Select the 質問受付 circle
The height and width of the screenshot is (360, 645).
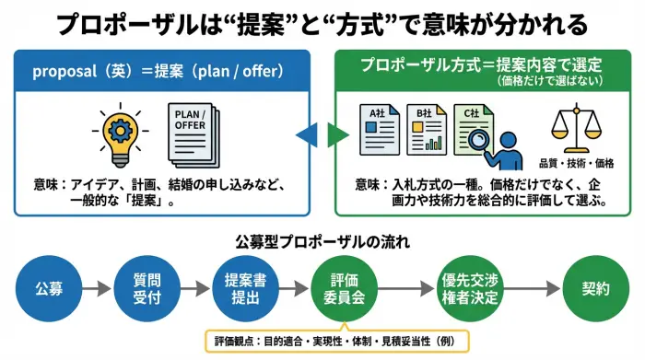coord(142,288)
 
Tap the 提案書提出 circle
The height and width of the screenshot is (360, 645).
coord(243,288)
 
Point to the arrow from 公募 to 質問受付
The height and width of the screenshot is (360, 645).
coord(96,288)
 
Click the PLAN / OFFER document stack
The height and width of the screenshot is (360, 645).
coord(193,136)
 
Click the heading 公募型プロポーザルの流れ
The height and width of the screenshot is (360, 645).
coord(322,242)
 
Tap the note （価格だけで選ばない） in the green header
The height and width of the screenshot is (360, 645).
coord(552,81)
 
